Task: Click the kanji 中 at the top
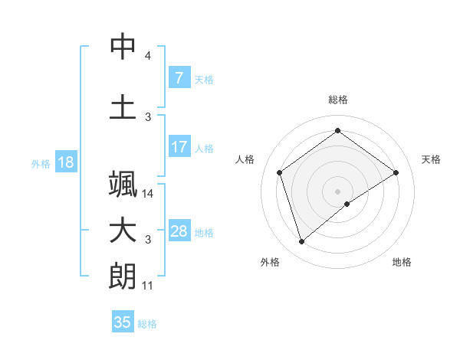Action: click(x=123, y=47)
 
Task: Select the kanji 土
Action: click(x=123, y=106)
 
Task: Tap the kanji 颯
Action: click(x=123, y=186)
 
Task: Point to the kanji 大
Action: click(x=123, y=231)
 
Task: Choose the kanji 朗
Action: click(x=123, y=277)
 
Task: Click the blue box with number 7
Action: click(x=179, y=78)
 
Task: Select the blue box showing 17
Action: click(x=179, y=147)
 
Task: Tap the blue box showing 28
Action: click(x=179, y=232)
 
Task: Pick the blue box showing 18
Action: click(x=65, y=163)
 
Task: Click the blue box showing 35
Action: click(x=123, y=322)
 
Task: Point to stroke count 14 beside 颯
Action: click(x=148, y=194)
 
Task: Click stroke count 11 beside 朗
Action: click(x=148, y=286)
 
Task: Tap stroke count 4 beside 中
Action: click(x=148, y=56)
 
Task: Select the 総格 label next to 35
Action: click(x=147, y=324)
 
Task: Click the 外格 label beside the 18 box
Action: click(x=40, y=164)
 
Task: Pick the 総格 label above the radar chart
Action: click(x=337, y=100)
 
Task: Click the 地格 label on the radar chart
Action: click(x=402, y=262)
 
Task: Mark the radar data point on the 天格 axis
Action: click(x=396, y=172)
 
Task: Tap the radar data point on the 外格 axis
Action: click(x=302, y=242)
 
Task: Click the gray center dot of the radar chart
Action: click(x=337, y=191)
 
